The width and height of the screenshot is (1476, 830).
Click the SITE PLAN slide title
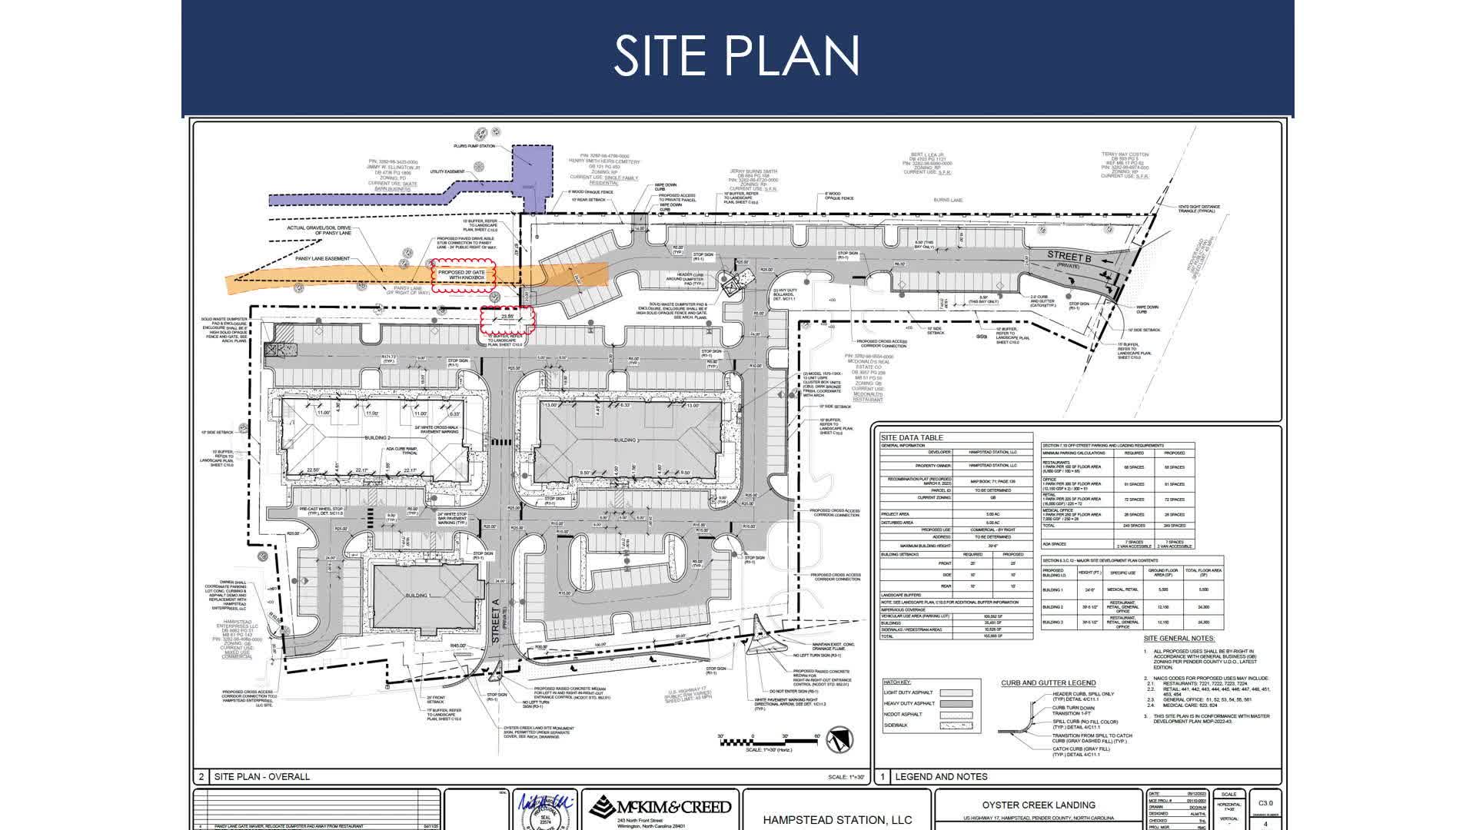(736, 55)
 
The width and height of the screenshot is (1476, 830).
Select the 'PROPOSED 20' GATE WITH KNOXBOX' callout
(462, 277)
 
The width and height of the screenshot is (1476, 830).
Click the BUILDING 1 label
(418, 596)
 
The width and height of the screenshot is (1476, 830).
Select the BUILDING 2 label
(377, 437)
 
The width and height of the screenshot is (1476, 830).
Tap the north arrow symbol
(843, 739)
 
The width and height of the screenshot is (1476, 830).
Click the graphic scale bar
(768, 741)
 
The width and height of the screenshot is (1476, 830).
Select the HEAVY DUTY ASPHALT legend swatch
(956, 703)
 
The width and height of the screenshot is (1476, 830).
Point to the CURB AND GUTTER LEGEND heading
(1048, 682)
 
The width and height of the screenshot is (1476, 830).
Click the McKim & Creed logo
(660, 808)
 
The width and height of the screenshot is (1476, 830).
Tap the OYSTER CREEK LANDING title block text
(1038, 805)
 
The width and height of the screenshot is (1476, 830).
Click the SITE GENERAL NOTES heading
(1179, 638)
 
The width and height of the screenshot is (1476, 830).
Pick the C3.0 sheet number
(1265, 802)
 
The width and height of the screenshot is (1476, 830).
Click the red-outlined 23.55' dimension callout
(507, 319)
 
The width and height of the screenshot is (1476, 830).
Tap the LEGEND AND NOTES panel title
(941, 776)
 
